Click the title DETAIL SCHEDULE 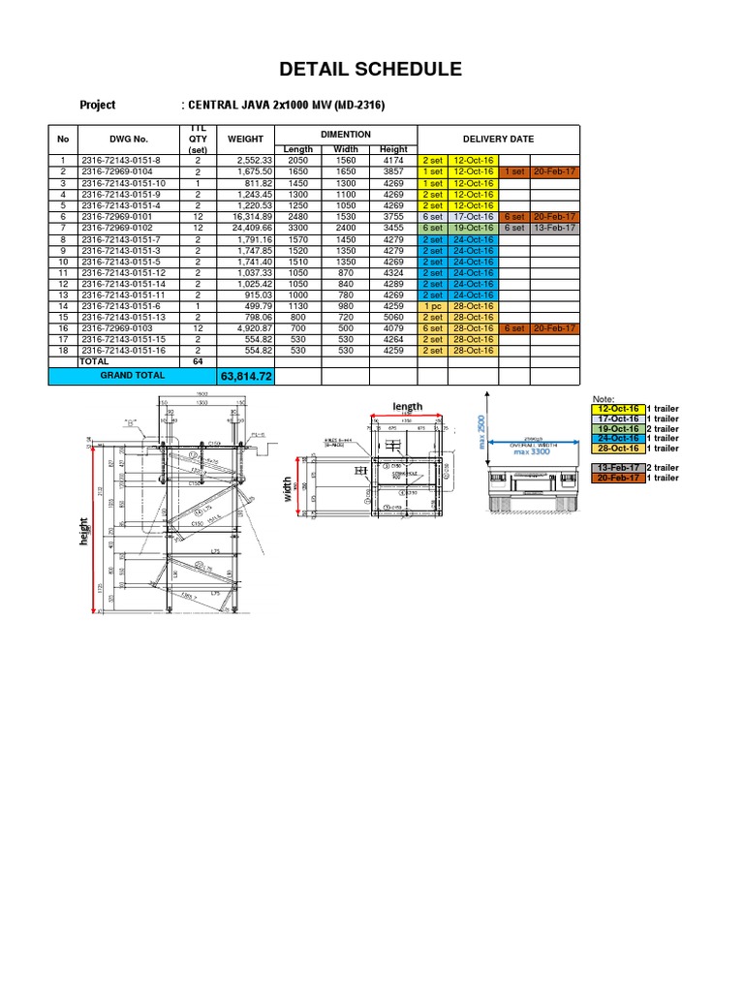click(371, 69)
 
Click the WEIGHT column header click(245, 139)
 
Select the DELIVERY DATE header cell click(498, 139)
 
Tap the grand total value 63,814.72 click(247, 376)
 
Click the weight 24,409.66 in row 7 click(249, 228)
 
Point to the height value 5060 click(394, 317)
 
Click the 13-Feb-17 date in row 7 click(555, 228)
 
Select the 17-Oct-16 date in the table click(474, 217)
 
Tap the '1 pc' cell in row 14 click(432, 306)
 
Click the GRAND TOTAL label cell click(132, 374)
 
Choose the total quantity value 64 click(198, 361)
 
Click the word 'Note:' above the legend click(603, 399)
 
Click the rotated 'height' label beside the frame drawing click(84, 530)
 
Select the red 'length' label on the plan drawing click(407, 406)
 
